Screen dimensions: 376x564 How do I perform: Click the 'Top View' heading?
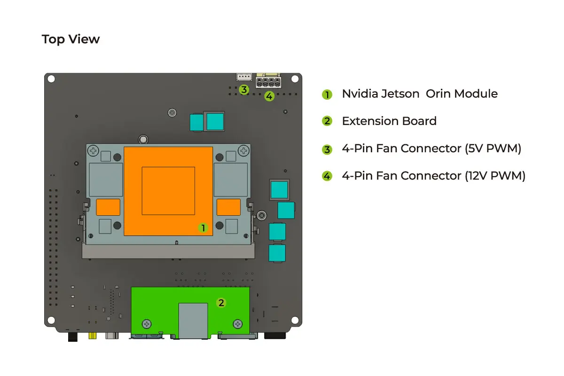click(x=70, y=39)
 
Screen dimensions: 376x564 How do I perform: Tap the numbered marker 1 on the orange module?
click(x=203, y=228)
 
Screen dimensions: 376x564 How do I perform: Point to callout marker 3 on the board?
click(x=243, y=89)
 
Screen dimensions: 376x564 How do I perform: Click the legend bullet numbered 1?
click(x=327, y=94)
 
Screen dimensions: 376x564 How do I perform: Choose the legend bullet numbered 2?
click(x=327, y=122)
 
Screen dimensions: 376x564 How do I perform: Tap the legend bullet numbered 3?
click(x=327, y=149)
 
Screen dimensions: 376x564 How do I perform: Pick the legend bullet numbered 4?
click(x=327, y=177)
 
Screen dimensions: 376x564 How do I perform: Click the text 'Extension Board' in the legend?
click(x=389, y=121)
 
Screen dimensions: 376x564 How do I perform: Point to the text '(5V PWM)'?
click(x=493, y=149)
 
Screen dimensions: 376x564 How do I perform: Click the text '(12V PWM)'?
click(x=495, y=176)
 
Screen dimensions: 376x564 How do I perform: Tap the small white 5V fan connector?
click(x=244, y=77)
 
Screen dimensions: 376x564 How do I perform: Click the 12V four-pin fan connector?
click(x=267, y=83)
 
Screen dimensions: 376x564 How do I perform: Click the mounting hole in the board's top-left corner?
click(x=51, y=79)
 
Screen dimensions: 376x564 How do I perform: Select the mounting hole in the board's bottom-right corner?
click(x=295, y=320)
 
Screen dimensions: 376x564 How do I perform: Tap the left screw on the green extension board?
click(x=147, y=324)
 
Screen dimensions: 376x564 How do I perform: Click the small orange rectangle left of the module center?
click(x=108, y=207)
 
